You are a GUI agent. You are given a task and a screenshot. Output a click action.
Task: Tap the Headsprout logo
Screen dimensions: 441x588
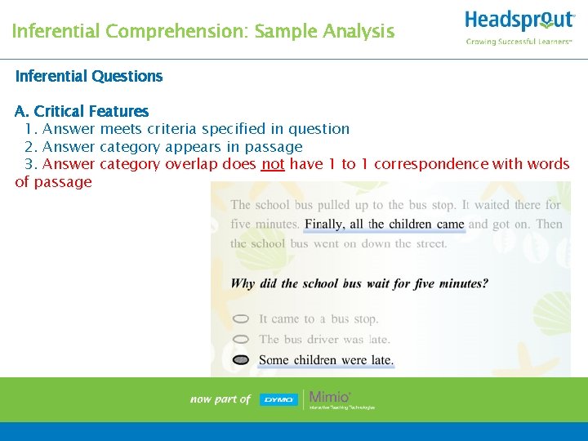tap(519, 20)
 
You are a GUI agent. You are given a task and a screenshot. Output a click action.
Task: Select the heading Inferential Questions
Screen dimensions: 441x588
tap(89, 76)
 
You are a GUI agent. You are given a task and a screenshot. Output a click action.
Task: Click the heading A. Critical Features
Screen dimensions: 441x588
tap(82, 111)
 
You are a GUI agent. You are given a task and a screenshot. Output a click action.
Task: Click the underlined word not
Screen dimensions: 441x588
tap(273, 164)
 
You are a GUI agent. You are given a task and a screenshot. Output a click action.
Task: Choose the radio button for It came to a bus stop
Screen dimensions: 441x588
tap(241, 319)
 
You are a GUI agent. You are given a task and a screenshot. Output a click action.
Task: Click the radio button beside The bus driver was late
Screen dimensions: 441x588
tap(241, 339)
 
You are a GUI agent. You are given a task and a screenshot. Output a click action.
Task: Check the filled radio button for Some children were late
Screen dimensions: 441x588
tap(241, 359)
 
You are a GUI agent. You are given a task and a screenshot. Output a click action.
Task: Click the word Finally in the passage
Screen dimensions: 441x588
tap(324, 225)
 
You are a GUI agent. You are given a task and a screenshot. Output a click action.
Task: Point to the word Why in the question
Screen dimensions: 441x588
tap(243, 284)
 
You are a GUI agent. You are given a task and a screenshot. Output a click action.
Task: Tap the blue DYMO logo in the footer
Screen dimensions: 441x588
tap(278, 399)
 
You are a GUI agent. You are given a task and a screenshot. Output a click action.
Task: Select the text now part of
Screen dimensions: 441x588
tap(220, 399)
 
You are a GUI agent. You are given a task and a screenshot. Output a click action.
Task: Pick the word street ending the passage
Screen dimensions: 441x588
tap(430, 243)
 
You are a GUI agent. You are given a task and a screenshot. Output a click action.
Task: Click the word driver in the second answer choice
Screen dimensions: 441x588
tap(323, 339)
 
